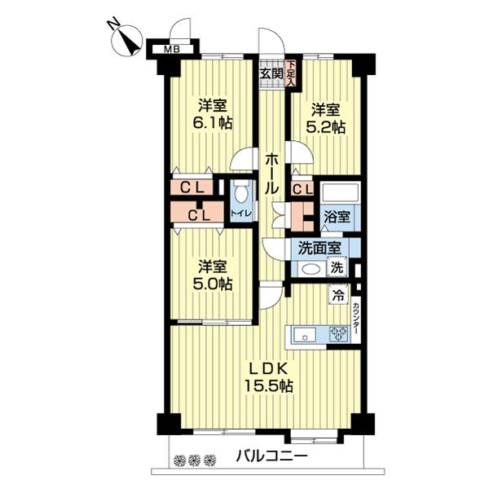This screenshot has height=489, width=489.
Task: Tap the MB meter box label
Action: [172, 50]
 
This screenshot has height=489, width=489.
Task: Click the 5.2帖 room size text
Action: [326, 127]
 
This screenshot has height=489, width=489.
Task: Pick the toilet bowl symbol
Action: [241, 196]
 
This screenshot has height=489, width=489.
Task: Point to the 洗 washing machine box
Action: [337, 268]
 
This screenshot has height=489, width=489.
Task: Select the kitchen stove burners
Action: [338, 333]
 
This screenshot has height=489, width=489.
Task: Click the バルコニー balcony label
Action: [271, 456]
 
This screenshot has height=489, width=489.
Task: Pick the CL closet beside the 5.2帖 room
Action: [302, 190]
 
